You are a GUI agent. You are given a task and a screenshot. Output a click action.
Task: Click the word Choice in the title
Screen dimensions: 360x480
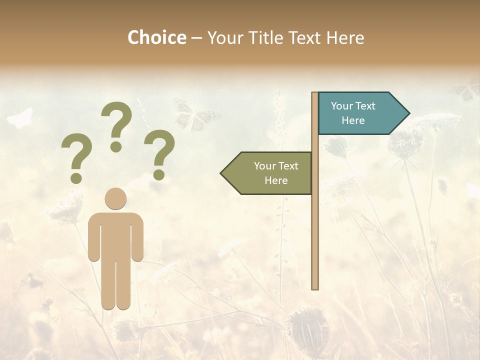tap(156, 37)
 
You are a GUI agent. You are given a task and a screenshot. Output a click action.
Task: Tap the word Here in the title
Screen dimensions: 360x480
tap(345, 37)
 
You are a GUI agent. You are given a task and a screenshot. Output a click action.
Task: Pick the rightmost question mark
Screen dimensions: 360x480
tap(159, 154)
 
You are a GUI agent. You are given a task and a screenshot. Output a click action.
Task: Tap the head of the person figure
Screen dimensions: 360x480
tap(115, 198)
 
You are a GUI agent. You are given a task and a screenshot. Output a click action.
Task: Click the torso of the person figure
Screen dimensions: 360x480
tap(115, 235)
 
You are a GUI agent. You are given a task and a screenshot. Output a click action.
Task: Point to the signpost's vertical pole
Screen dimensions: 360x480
tap(315, 225)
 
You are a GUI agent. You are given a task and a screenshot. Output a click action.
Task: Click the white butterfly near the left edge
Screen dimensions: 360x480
tap(20, 118)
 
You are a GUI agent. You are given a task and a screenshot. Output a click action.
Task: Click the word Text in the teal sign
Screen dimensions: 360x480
tap(365, 106)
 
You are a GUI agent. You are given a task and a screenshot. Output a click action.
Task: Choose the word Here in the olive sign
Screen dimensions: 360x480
tap(276, 180)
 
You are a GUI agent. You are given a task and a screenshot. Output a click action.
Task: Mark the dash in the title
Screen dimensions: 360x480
tap(196, 38)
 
